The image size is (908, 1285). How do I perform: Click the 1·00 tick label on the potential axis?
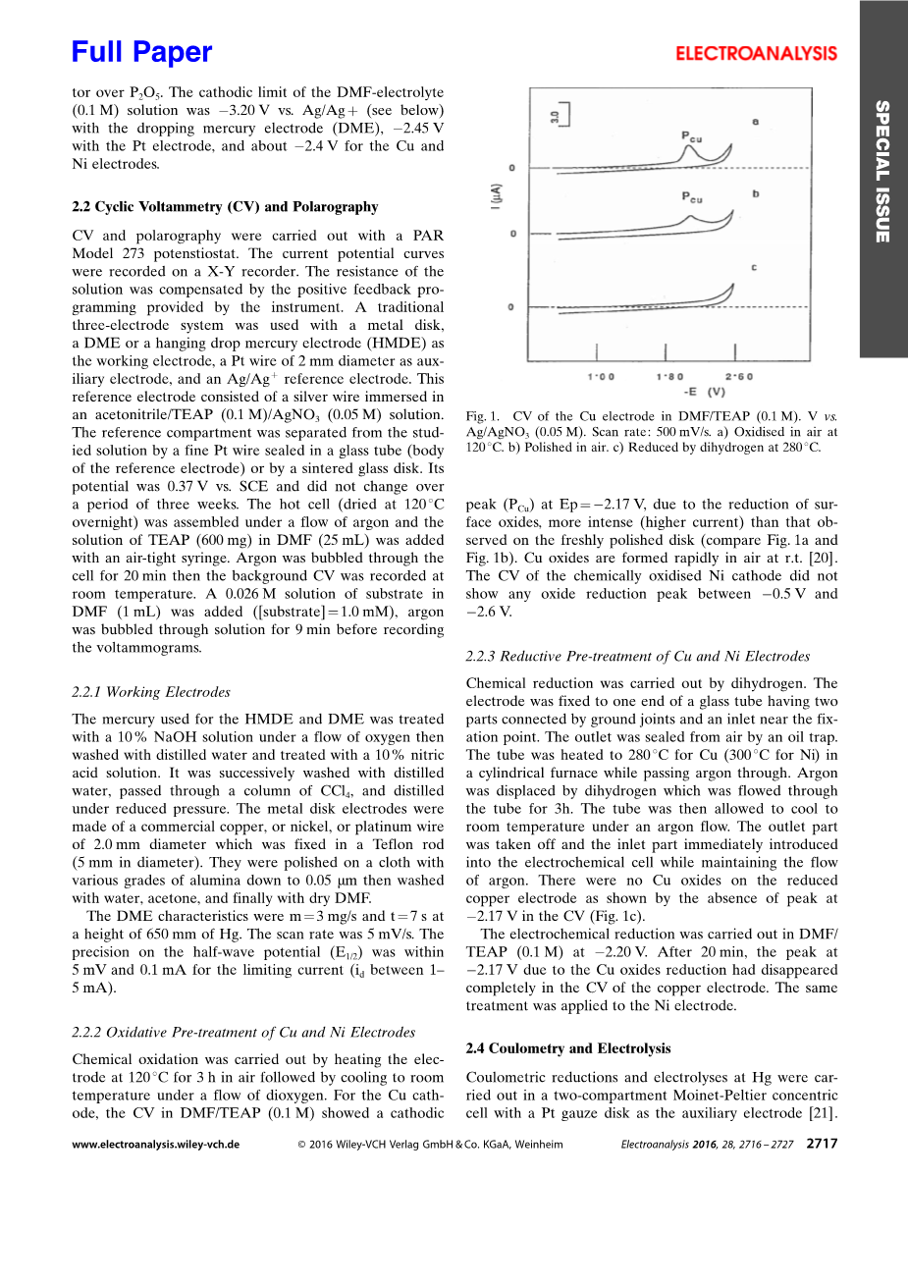[601, 377]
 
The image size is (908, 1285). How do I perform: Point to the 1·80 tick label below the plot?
[670, 377]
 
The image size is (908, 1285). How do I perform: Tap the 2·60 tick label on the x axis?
[738, 377]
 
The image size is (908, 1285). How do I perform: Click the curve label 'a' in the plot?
[755, 122]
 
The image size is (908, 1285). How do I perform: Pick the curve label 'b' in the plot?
[755, 194]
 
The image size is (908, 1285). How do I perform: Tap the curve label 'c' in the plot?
[753, 267]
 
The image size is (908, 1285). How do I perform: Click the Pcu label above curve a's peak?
[692, 137]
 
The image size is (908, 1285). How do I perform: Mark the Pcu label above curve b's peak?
[692, 197]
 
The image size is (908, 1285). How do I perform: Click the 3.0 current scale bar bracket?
[561, 117]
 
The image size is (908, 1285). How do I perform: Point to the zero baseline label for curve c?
[510, 308]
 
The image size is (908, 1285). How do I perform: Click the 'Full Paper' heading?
[142, 52]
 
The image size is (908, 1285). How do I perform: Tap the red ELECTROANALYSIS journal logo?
[756, 54]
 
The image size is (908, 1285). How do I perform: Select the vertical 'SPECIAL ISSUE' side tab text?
[882, 171]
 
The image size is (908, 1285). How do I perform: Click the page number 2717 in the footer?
[822, 1144]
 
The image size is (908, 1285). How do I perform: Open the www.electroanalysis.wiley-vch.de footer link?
[155, 1145]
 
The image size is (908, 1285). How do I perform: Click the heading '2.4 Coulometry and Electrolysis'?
[568, 1048]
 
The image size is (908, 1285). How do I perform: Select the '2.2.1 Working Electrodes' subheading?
[151, 692]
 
